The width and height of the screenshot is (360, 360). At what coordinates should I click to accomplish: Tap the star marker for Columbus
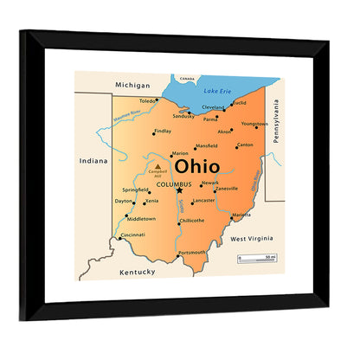click(180, 190)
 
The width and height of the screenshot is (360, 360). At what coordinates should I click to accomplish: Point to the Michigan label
click(132, 86)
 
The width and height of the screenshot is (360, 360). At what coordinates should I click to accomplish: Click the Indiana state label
click(93, 161)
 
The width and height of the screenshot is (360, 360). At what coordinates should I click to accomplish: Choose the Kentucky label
click(137, 272)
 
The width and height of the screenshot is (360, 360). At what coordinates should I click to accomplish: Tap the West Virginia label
click(252, 237)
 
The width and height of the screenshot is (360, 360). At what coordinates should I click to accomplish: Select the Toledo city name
click(148, 100)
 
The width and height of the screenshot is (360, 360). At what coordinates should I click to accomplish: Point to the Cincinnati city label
click(132, 235)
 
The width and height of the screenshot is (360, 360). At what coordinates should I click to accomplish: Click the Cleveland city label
click(213, 107)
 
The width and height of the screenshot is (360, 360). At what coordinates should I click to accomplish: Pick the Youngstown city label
click(254, 124)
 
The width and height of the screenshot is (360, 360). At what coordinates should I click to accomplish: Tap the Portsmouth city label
click(192, 253)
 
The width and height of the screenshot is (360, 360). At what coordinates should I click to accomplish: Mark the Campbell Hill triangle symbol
click(157, 164)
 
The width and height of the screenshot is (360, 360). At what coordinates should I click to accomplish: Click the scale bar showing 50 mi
click(257, 259)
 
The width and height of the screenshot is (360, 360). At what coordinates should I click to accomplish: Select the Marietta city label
click(241, 215)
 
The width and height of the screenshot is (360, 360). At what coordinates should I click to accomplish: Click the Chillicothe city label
click(192, 220)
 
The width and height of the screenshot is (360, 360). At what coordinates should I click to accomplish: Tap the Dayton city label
click(124, 201)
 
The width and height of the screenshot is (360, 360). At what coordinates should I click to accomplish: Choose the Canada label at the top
click(188, 77)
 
